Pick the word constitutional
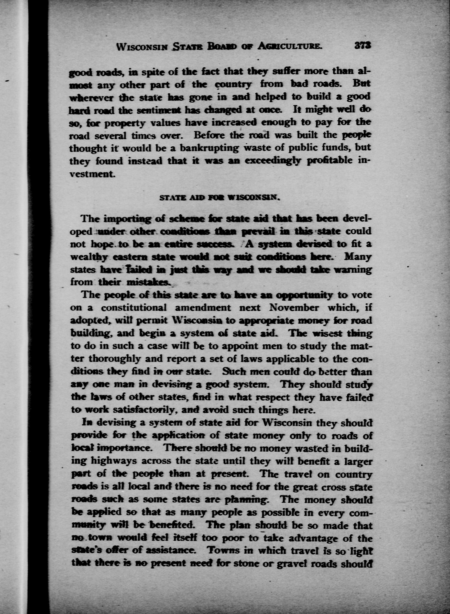[x=134, y=307]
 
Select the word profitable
[x=330, y=161]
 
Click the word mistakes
[x=148, y=283]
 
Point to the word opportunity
[x=304, y=295]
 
